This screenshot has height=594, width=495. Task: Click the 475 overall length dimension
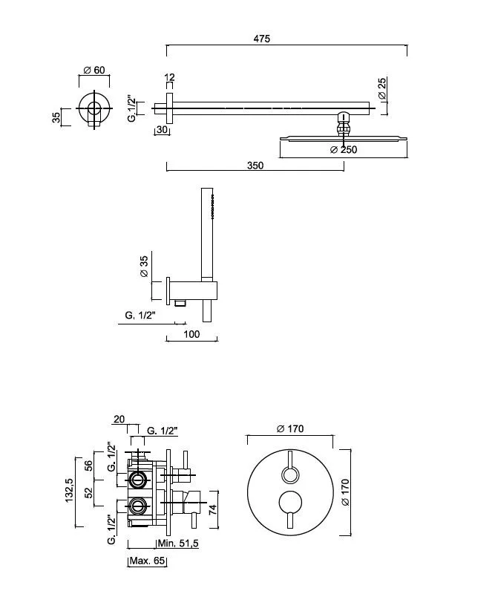[x=262, y=39]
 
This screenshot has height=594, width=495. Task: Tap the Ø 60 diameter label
[x=94, y=70]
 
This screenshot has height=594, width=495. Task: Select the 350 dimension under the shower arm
[x=255, y=166]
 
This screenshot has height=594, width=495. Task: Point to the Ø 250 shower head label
[x=344, y=150]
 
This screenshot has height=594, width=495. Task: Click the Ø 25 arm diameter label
[x=382, y=88]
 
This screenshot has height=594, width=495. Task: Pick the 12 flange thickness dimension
[x=170, y=77]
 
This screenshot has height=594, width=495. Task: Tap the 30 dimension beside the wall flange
[x=162, y=129]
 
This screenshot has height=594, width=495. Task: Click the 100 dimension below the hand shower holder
[x=191, y=334]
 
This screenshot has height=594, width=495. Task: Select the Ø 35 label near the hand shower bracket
[x=144, y=267]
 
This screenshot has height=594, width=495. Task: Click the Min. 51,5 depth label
[x=178, y=543]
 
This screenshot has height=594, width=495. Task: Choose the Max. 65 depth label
[x=148, y=561]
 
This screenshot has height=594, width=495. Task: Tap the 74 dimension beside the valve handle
[x=213, y=509]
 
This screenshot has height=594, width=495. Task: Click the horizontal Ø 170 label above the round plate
[x=290, y=428]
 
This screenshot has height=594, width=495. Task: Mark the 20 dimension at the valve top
[x=119, y=420]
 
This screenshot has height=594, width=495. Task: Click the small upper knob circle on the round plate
[x=290, y=475]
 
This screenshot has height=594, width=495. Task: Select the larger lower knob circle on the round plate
[x=290, y=503]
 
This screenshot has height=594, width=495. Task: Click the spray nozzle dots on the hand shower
[x=213, y=206]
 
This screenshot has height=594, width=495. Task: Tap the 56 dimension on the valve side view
[x=88, y=466]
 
